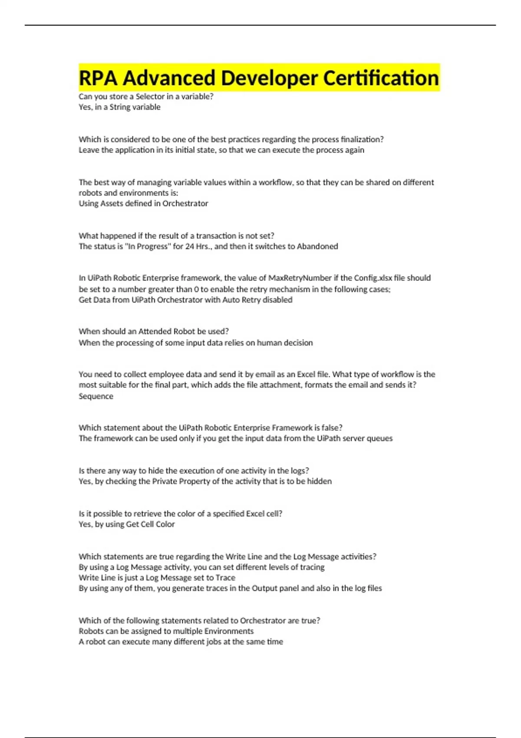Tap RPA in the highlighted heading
pos(98,78)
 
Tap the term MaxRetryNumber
pos(300,278)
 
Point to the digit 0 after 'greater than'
pos(197,289)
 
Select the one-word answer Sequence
pos(96,396)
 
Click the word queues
pos(379,438)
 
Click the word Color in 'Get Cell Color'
pos(165,524)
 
